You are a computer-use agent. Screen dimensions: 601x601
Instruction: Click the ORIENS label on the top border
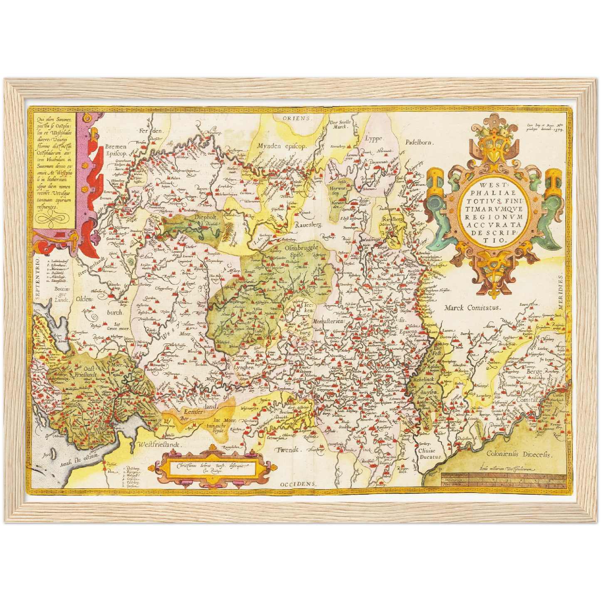297,118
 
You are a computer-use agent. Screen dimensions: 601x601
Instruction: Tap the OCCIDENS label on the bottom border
298,484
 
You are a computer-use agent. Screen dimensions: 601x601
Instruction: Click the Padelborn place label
419,142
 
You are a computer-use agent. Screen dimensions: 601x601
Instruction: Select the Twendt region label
288,450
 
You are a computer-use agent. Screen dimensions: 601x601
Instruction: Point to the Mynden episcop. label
282,146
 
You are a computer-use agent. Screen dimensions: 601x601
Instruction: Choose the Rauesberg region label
308,225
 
